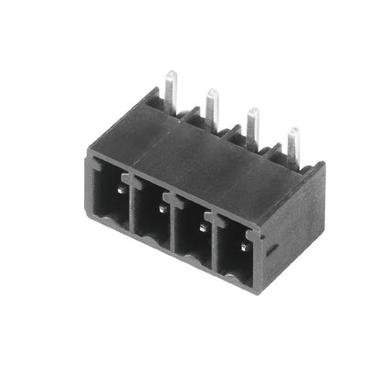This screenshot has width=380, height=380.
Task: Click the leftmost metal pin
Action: point(170,84)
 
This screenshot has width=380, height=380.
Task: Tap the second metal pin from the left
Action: point(212,106)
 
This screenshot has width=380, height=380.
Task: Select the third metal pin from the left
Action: point(253,124)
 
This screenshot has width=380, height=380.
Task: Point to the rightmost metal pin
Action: point(293,143)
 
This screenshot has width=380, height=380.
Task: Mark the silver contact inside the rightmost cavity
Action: point(245,246)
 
